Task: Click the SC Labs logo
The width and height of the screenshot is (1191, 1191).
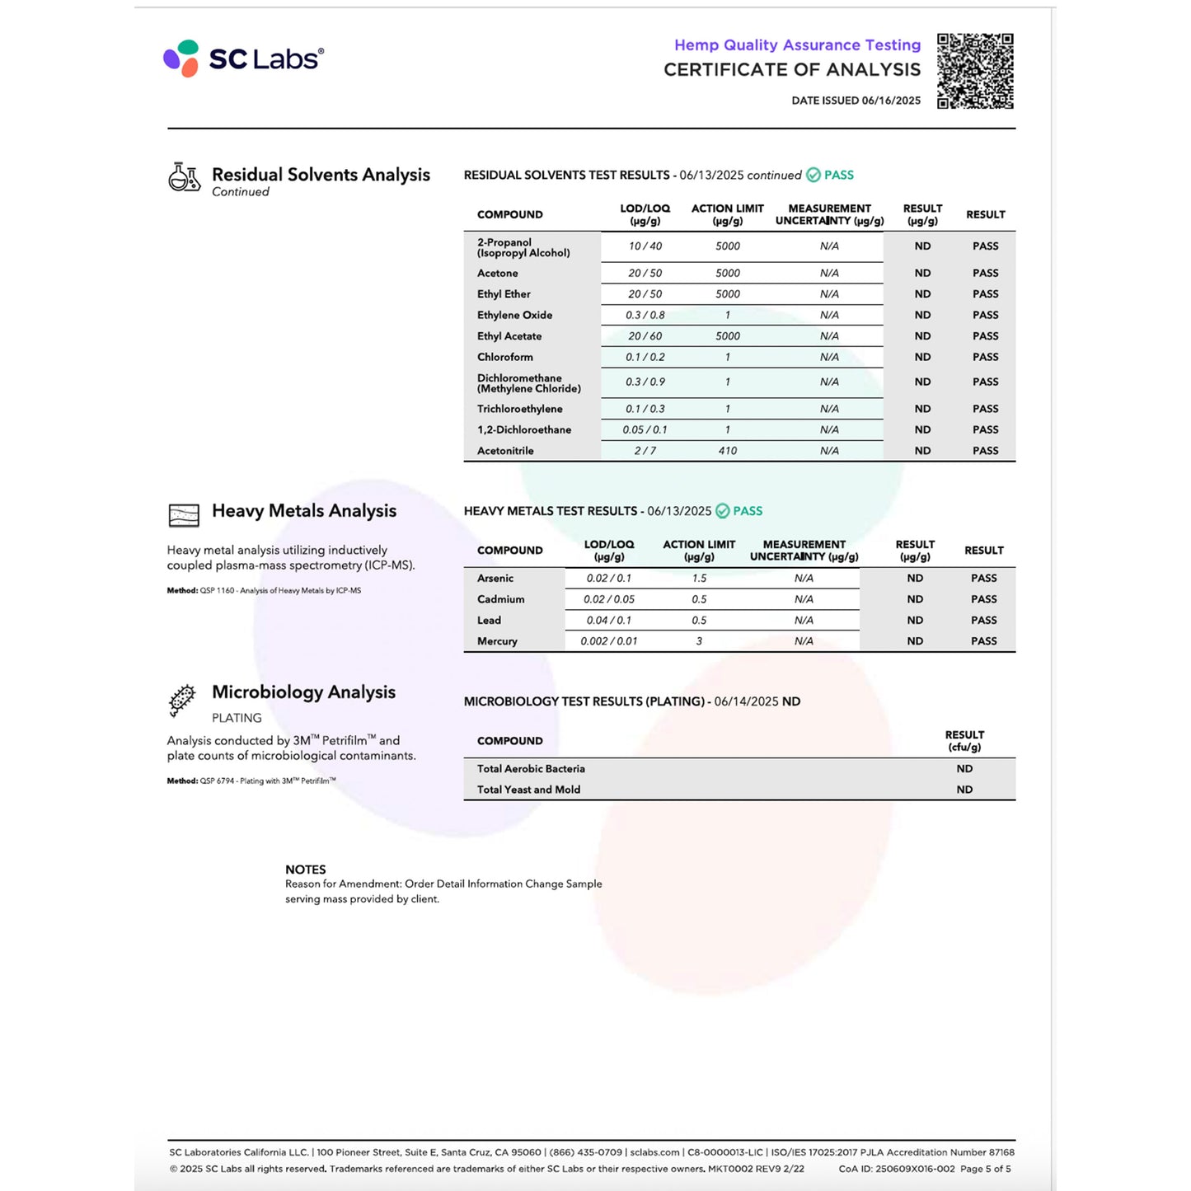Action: click(x=243, y=59)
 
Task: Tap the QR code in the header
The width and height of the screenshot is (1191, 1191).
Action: click(x=975, y=71)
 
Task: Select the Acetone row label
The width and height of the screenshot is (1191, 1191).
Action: click(x=498, y=274)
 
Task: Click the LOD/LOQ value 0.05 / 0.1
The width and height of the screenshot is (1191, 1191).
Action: click(x=645, y=430)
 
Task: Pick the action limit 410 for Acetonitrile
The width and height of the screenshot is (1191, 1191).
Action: click(x=727, y=451)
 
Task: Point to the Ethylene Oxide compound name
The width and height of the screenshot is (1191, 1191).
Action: click(x=514, y=316)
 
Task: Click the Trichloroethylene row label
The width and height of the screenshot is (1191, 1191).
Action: click(x=519, y=409)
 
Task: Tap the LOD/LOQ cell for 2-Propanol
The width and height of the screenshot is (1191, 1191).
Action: click(x=645, y=246)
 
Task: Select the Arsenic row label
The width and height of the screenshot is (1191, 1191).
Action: click(x=495, y=579)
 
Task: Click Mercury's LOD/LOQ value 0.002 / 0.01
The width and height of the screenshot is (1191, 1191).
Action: click(x=608, y=641)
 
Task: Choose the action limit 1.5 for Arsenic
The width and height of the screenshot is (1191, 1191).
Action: click(x=699, y=579)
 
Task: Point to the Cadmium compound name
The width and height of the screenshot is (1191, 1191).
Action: click(x=500, y=599)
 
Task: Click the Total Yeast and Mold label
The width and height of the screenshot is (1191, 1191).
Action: click(x=528, y=790)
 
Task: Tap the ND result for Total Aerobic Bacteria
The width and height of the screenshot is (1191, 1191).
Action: click(x=964, y=769)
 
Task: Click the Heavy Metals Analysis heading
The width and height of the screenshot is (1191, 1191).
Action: click(x=303, y=511)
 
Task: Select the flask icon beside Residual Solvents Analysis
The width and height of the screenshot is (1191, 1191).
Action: click(x=184, y=177)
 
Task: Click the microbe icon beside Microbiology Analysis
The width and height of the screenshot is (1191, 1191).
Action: click(x=182, y=700)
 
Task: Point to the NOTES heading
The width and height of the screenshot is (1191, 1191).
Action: click(x=305, y=870)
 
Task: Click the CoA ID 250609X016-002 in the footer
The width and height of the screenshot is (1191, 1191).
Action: click(x=897, y=1169)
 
